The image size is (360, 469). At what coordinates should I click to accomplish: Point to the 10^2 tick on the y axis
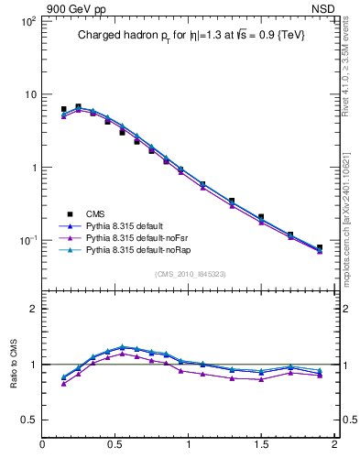click(x=27, y=21)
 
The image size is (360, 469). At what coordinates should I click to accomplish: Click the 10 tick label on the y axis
click(x=29, y=94)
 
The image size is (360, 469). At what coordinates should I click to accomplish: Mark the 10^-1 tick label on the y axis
click(x=27, y=240)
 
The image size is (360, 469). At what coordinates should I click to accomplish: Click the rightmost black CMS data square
click(x=320, y=247)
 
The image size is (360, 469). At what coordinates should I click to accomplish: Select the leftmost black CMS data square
click(x=63, y=109)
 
